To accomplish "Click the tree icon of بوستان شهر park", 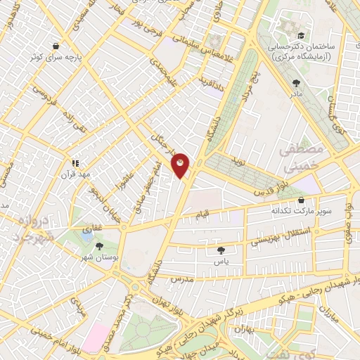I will (x=98, y=247).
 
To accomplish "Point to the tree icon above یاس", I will (x=221, y=250).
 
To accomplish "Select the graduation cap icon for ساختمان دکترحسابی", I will (x=301, y=35).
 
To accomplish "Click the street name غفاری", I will (x=92, y=229).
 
